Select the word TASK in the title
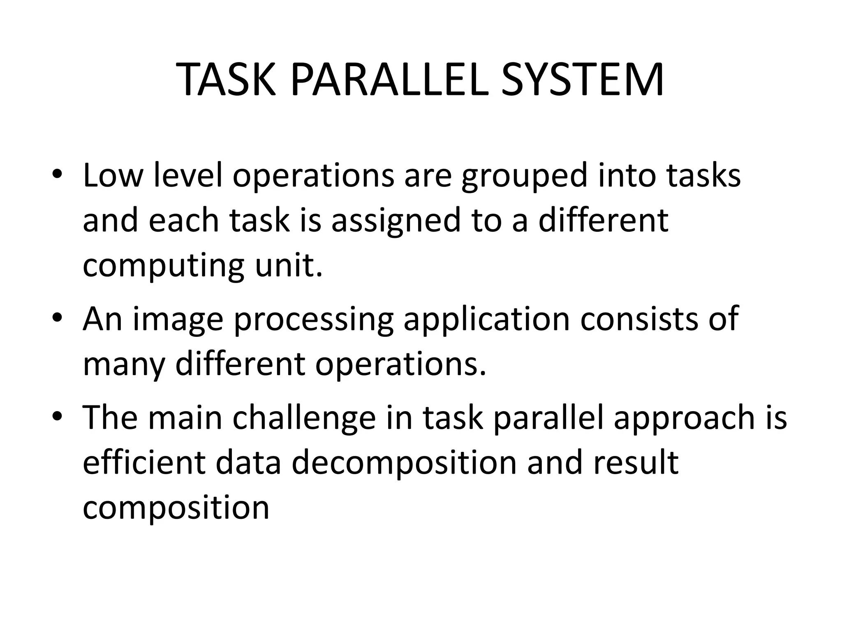(x=227, y=80)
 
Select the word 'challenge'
(x=304, y=418)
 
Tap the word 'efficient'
(x=144, y=463)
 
